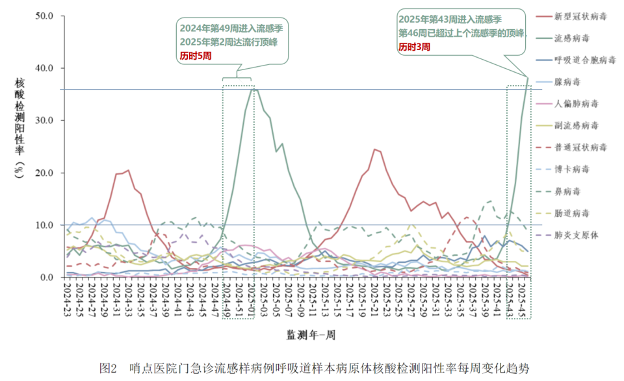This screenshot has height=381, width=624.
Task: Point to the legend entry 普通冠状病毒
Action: coord(580,147)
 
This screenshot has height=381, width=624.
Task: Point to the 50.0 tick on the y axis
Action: coord(51,16)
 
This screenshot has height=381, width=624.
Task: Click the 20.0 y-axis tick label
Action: coord(51,173)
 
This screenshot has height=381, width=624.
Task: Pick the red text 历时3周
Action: coord(414,47)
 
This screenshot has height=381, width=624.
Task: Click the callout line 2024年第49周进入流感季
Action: coord(231,29)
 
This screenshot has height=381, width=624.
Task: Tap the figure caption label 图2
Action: coord(107,368)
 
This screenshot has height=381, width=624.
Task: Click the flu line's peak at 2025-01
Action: coord(253,89)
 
